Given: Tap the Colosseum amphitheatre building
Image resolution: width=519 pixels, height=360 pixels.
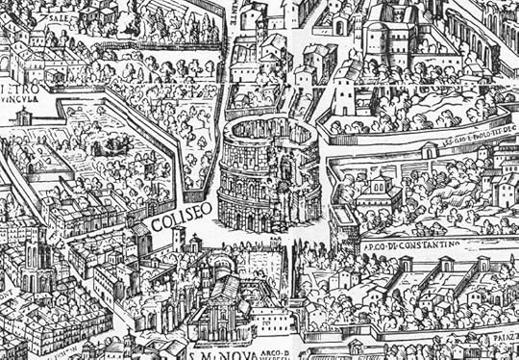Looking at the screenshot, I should coord(269,173).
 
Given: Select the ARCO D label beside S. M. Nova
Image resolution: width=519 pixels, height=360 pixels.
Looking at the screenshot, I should coord(271,338).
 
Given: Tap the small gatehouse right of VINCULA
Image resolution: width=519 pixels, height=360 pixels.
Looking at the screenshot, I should coord(24,116).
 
